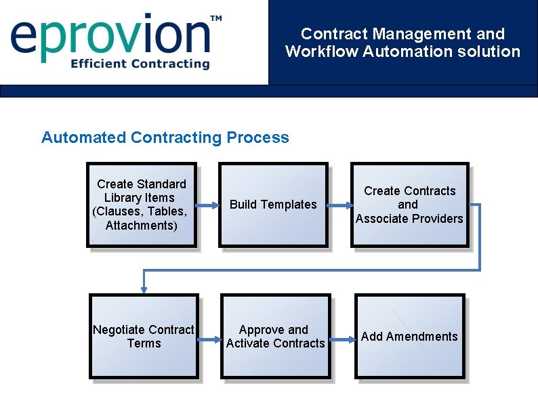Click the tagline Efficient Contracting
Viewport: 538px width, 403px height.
tap(140, 64)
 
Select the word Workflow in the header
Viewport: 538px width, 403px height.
tap(322, 51)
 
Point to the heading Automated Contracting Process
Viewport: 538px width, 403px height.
tap(165, 137)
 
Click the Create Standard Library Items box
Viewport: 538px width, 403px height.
tap(142, 205)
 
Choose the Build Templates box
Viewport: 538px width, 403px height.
tap(273, 205)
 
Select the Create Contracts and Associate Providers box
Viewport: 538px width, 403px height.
tap(409, 205)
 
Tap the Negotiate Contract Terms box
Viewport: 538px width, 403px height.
tap(144, 337)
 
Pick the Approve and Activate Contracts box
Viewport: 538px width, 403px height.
tap(275, 337)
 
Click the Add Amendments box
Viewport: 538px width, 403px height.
tap(409, 337)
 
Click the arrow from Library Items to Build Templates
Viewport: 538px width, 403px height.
tap(207, 205)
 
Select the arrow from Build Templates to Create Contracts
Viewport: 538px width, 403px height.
tap(338, 205)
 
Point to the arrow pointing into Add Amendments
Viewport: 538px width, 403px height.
tap(343, 337)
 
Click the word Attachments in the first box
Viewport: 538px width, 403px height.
tap(142, 226)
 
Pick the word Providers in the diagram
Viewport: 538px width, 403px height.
tap(438, 218)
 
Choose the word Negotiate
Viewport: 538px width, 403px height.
tap(117, 330)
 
